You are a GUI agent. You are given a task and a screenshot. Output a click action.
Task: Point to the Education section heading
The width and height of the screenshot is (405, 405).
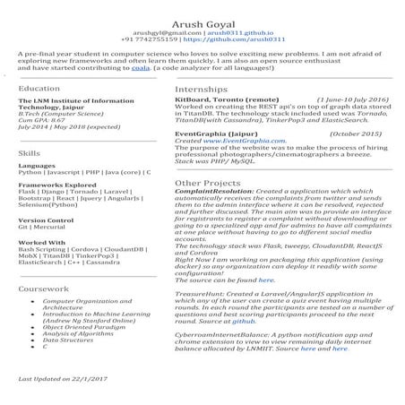click(x=39, y=89)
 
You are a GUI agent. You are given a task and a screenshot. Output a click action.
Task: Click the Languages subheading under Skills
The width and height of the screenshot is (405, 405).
click(x=36, y=166)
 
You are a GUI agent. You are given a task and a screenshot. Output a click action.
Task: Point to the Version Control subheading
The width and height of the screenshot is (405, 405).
click(x=46, y=219)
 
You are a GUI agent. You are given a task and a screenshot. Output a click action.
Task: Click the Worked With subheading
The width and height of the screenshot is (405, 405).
click(x=41, y=242)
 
